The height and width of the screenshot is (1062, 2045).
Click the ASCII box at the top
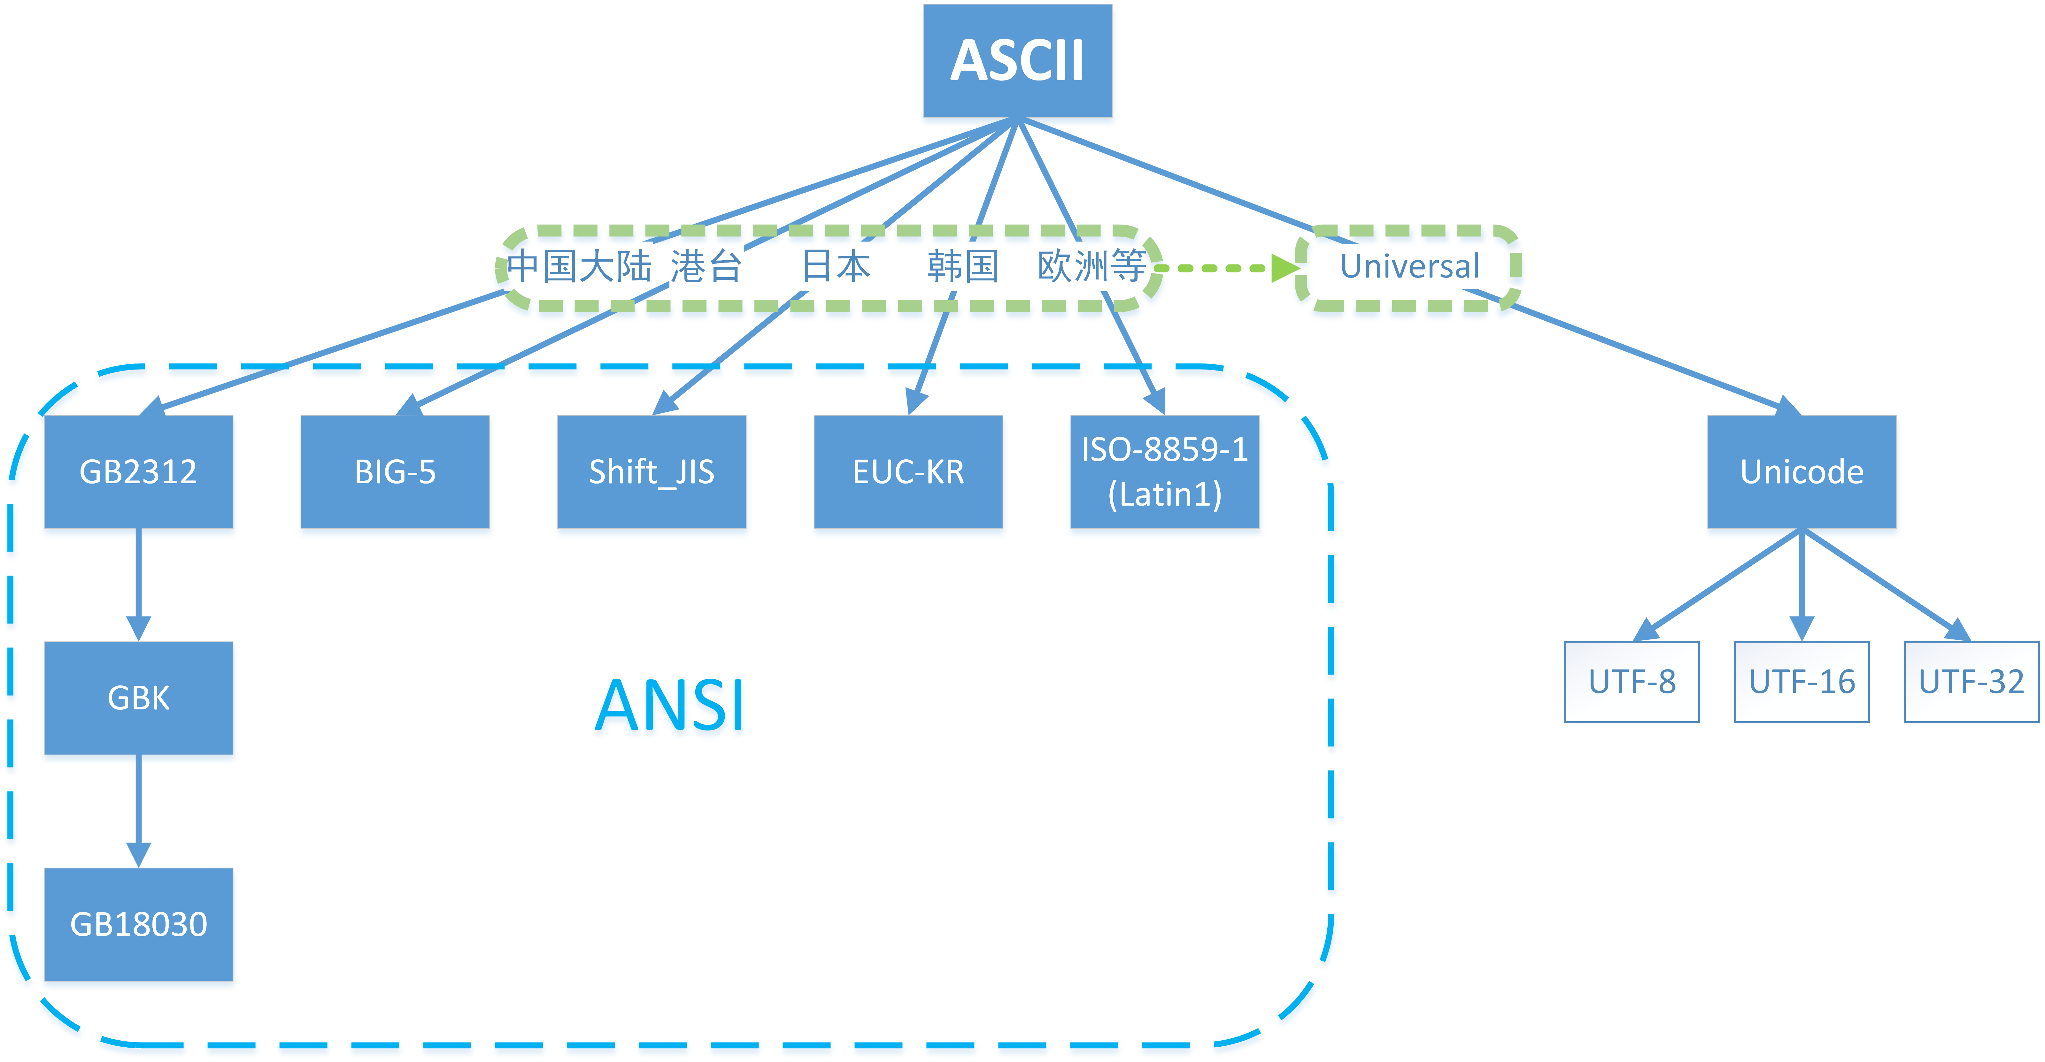click(x=1017, y=60)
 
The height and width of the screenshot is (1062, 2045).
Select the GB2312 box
click(x=138, y=471)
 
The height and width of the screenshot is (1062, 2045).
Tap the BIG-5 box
click(x=395, y=471)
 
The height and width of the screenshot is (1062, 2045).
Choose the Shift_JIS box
click(x=651, y=471)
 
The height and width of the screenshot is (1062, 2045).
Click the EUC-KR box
click(x=908, y=471)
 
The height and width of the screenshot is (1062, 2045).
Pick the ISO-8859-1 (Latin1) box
click(x=1165, y=471)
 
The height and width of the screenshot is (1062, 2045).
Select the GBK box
click(x=138, y=698)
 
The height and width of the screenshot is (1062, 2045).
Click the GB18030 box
click(x=138, y=924)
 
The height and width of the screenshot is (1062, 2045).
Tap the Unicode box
click(x=1801, y=471)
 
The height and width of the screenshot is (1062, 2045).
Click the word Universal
click(x=1409, y=267)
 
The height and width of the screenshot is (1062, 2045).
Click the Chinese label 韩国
click(x=962, y=267)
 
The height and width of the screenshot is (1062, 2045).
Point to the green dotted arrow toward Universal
click(x=1227, y=268)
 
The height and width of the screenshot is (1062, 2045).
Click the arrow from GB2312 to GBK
click(x=138, y=584)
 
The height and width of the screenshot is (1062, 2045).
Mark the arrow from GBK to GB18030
click(x=138, y=810)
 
